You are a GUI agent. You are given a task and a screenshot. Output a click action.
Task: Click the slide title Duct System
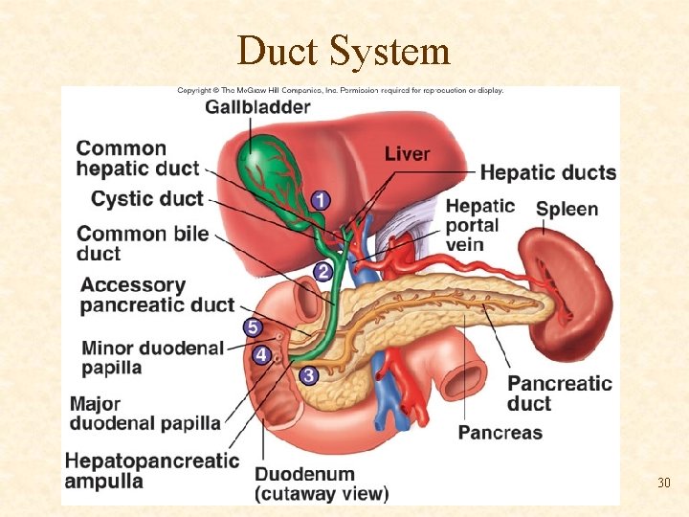tap(344, 51)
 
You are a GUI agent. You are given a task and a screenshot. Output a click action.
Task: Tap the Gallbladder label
tap(256, 107)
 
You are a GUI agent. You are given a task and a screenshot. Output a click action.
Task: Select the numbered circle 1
tap(320, 200)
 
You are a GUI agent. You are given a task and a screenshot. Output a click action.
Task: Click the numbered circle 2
tap(323, 272)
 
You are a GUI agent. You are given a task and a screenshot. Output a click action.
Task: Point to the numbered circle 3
tap(308, 376)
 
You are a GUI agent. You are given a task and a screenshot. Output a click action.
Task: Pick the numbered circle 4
tap(261, 354)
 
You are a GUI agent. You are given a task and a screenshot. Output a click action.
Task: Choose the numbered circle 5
tap(253, 327)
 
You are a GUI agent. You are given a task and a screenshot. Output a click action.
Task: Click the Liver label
tap(407, 153)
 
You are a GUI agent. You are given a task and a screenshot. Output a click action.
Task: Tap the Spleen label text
tap(567, 209)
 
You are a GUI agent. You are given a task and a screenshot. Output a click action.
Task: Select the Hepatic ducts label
tap(547, 172)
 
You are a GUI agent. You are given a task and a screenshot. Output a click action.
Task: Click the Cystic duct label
tap(146, 199)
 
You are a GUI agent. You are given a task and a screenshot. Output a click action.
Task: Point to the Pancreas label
tap(500, 432)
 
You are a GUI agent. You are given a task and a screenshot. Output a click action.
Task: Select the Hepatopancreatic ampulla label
tap(151, 470)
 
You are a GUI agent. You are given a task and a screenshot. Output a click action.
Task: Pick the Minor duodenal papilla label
tap(151, 357)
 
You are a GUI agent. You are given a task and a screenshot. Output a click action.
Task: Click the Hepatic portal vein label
tap(479, 225)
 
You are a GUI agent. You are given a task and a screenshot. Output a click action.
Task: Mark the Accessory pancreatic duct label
tap(157, 295)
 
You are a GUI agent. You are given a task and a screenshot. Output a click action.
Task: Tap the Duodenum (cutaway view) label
tap(321, 483)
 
